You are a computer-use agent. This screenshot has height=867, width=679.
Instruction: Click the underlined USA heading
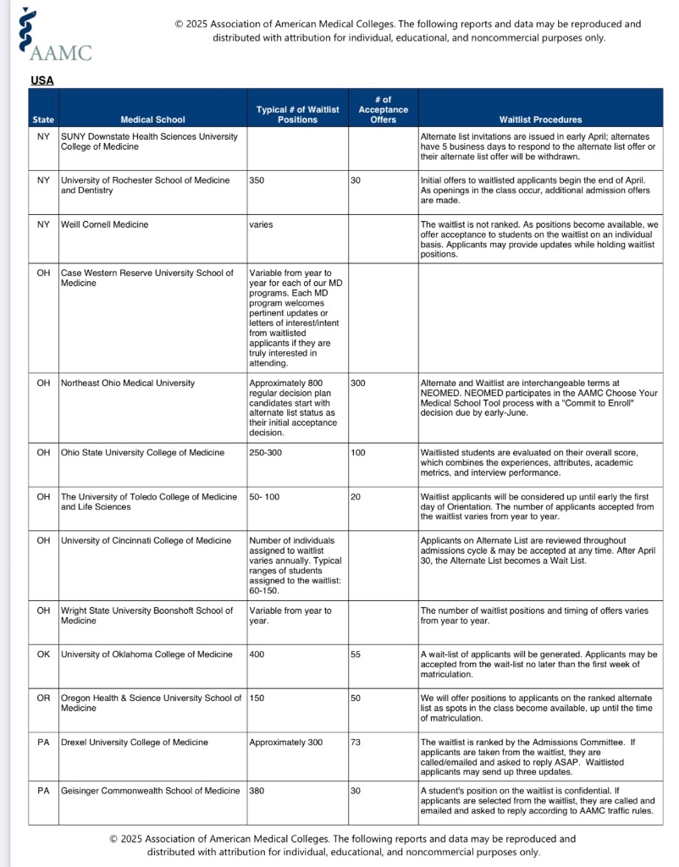coord(41,80)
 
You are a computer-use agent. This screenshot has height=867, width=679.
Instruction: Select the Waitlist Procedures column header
coord(540,119)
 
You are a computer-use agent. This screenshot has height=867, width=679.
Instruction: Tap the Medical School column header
coord(152,119)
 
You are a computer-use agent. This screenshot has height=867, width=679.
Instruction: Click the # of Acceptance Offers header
coord(383,110)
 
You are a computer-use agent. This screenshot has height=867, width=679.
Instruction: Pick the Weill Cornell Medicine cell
coord(104,224)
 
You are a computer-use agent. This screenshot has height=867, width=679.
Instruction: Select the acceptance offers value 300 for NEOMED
coord(357,383)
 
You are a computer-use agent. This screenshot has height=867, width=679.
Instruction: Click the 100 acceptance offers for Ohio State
coord(357,453)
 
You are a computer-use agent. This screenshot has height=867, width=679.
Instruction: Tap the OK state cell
coord(43,654)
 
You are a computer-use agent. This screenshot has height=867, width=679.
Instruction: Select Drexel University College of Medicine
coord(134,743)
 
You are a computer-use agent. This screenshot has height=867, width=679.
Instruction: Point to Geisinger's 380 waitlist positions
coord(257,791)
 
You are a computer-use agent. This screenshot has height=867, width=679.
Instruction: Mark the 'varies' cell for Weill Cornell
coord(261,224)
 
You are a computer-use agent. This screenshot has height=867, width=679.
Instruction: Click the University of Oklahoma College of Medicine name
coord(146,654)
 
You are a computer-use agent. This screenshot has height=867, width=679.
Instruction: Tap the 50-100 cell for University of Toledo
coord(264,496)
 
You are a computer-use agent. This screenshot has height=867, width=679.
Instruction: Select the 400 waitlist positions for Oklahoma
coord(257,654)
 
